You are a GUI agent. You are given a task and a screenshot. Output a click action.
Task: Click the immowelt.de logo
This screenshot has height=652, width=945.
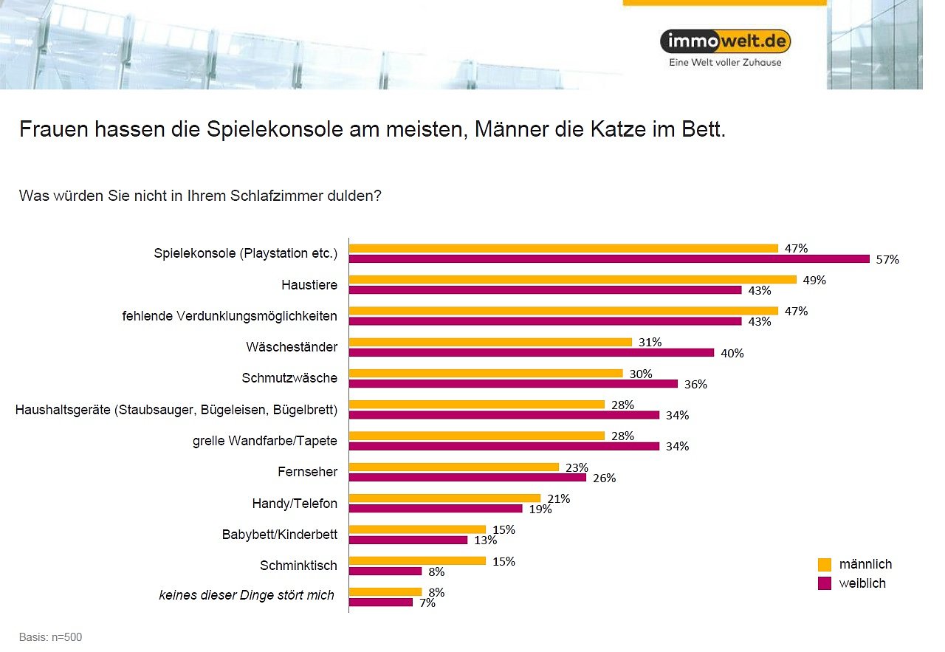(x=725, y=41)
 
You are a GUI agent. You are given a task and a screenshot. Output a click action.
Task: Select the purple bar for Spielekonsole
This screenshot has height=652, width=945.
(x=609, y=259)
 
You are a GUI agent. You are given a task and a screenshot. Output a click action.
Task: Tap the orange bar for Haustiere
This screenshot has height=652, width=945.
(x=572, y=280)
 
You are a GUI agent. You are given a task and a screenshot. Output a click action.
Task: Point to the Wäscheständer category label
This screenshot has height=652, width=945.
(x=292, y=346)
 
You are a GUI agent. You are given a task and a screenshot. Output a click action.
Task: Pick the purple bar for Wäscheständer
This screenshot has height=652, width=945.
(x=532, y=353)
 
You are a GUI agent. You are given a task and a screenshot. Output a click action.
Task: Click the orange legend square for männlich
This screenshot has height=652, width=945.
(x=825, y=565)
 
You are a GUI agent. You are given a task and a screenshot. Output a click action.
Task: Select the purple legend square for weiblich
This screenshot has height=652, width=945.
(x=825, y=584)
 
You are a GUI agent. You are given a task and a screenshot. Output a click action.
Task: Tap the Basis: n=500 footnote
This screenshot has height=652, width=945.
(x=50, y=637)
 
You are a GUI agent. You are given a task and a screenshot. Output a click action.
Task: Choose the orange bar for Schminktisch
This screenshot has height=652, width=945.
(x=417, y=560)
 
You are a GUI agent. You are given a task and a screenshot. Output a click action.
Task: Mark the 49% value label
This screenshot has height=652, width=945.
(x=814, y=281)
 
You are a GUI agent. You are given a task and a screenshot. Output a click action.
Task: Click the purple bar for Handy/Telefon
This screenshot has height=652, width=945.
(x=436, y=509)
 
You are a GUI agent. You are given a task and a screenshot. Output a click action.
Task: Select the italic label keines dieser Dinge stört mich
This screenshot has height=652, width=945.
(x=247, y=595)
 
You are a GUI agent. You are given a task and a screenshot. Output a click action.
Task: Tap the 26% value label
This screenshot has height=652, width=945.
(x=604, y=478)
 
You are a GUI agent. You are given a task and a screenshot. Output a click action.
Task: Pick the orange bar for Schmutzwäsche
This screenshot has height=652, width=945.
(x=486, y=373)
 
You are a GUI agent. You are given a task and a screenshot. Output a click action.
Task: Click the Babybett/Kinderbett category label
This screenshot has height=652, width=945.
(x=279, y=535)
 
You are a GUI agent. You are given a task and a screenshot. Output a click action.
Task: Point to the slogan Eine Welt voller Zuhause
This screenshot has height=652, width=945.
(x=725, y=63)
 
